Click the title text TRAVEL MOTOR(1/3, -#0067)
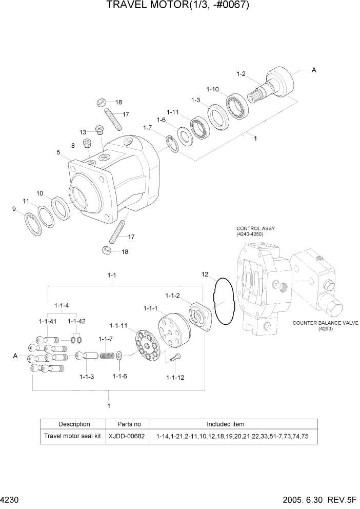(x=179, y=6)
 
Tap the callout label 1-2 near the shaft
(x=242, y=74)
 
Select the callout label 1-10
(x=212, y=89)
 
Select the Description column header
(x=74, y=424)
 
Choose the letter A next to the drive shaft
(x=313, y=71)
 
